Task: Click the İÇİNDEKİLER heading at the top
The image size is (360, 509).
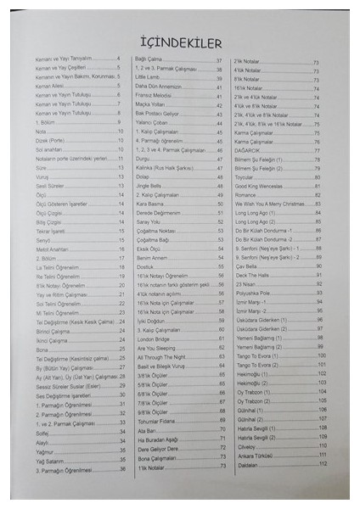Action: click(x=180, y=42)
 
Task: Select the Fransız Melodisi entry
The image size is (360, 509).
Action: click(x=156, y=95)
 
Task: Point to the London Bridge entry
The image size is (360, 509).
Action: click(x=155, y=337)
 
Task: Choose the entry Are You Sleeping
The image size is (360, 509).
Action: click(x=158, y=346)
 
